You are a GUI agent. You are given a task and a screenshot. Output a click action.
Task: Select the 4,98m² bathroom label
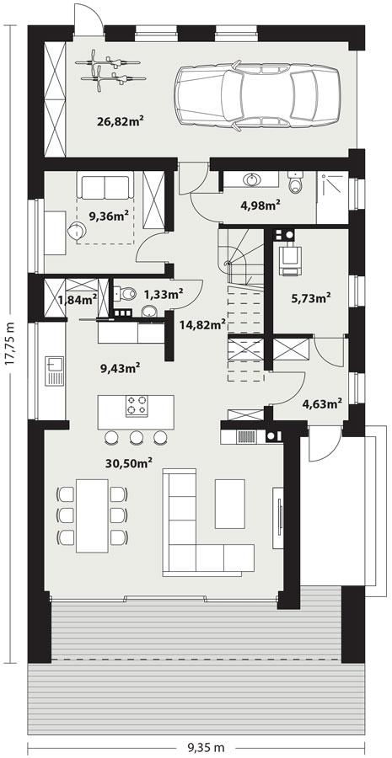point(260,203)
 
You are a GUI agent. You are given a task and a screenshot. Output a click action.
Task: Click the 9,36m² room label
point(109,216)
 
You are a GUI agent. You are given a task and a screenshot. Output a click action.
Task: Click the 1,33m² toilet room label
point(163,294)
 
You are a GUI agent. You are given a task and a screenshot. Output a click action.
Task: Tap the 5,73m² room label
point(309,297)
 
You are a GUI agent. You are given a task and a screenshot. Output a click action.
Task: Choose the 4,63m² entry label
point(321,403)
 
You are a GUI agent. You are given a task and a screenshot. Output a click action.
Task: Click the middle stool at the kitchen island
point(136,437)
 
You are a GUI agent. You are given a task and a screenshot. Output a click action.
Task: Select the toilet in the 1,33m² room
point(126,294)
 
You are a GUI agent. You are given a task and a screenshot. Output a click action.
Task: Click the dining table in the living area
point(92,515)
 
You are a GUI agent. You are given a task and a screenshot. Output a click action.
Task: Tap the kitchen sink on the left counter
point(53,367)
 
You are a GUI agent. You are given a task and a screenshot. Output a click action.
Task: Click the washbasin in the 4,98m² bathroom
point(251,179)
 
